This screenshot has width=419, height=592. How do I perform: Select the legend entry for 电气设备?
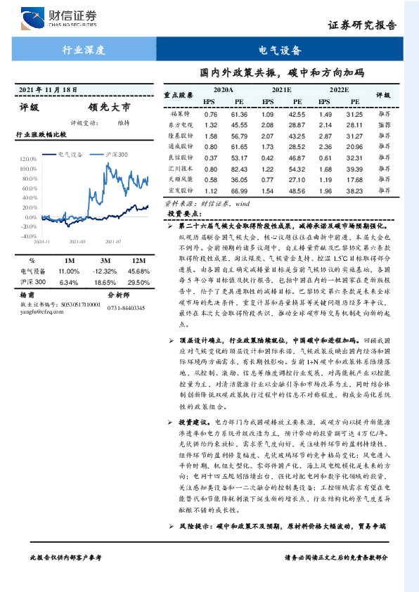tap(71, 153)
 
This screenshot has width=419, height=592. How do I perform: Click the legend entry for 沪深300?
tap(116, 153)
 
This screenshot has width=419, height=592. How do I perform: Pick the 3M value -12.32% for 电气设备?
tap(105, 271)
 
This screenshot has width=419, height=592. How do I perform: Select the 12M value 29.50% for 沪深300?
tap(138, 282)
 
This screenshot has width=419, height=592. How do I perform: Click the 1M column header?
tap(69, 259)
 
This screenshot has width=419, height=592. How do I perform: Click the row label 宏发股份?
tap(181, 191)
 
